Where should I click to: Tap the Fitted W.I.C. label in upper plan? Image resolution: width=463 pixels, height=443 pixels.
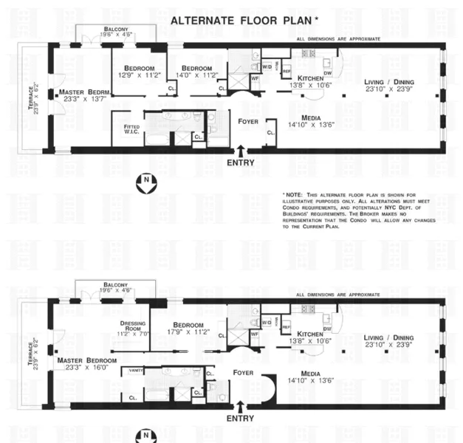coord(131,128)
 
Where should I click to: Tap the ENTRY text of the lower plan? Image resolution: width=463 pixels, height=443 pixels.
coord(241,419)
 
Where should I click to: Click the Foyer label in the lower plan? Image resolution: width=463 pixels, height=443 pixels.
coord(242,373)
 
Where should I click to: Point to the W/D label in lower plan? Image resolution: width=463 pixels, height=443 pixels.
coord(265,323)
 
